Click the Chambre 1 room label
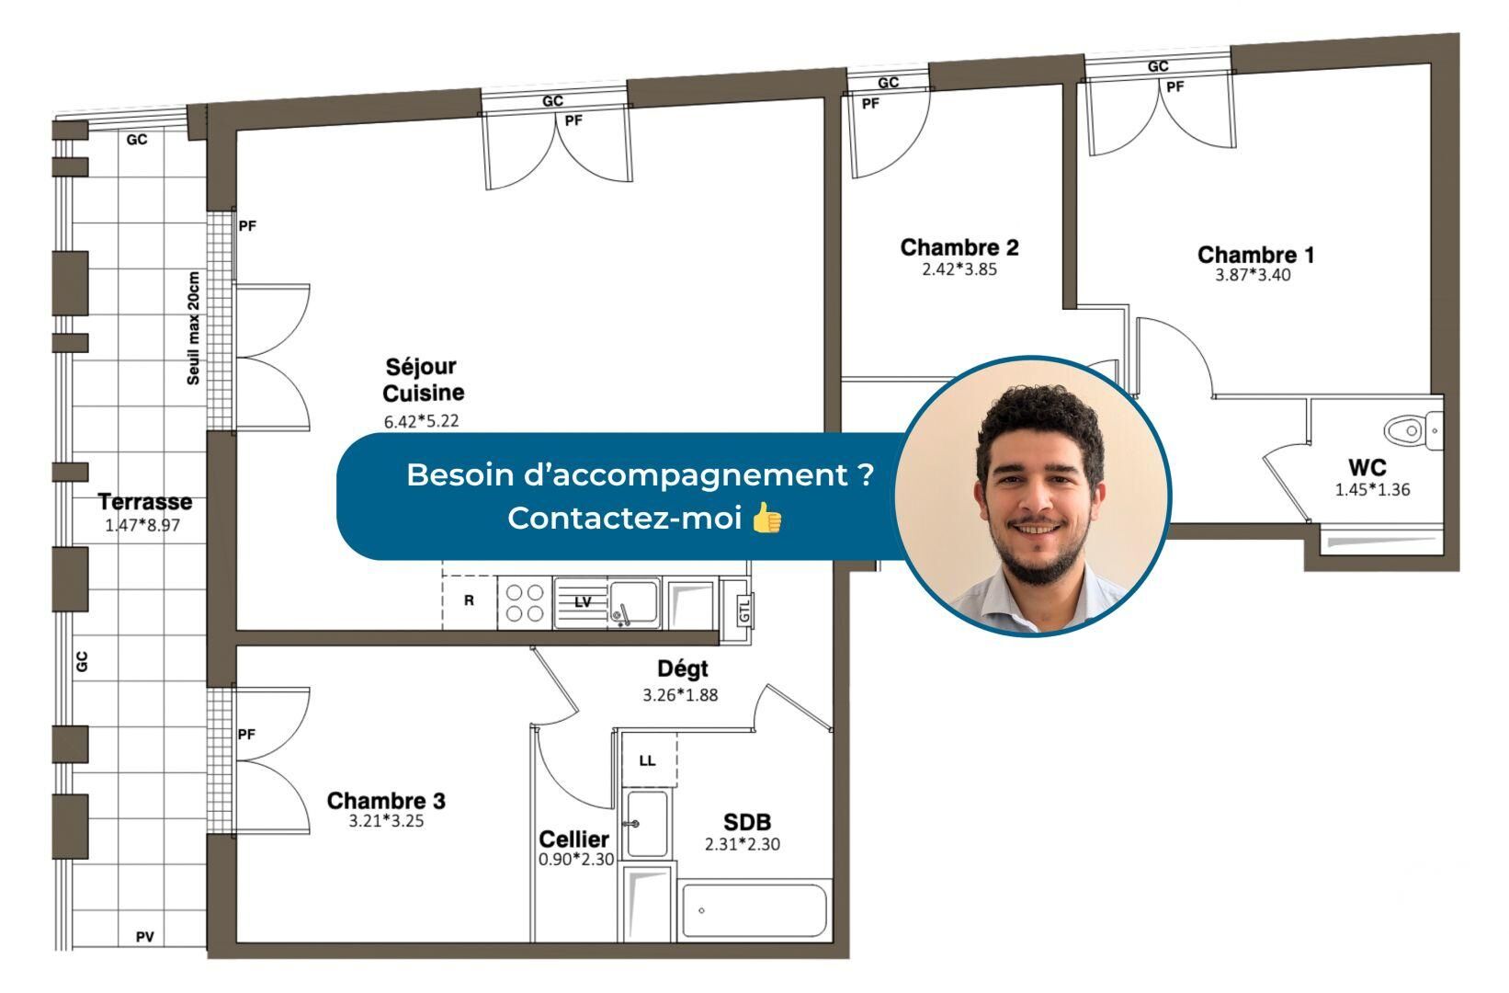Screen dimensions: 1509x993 pos(1255,255)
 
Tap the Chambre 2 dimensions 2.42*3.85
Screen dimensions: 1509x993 pos(959,269)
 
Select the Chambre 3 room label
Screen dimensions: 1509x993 pos(386,800)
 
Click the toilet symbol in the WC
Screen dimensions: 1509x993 pos(1413,430)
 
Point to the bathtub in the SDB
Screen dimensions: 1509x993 pos(754,911)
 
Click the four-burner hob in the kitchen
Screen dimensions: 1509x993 pos(525,602)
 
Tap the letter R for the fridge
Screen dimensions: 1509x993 pos(469,600)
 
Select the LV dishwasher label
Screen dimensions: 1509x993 pos(583,602)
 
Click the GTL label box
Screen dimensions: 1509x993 pos(743,610)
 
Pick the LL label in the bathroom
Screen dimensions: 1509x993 pos(647,761)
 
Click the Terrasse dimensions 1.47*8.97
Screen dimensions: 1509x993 pos(142,525)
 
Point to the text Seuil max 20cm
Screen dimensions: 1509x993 pos(193,328)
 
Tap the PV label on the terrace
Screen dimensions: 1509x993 pos(145,936)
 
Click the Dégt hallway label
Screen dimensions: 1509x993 pos(683,668)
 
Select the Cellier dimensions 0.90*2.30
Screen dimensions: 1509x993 pos(576,860)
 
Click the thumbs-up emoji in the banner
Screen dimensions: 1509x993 pos(766,518)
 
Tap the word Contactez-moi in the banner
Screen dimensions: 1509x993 pos(625,519)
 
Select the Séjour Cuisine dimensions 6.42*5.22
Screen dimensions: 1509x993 pos(421,421)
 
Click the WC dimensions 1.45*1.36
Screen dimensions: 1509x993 pos(1372,490)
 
